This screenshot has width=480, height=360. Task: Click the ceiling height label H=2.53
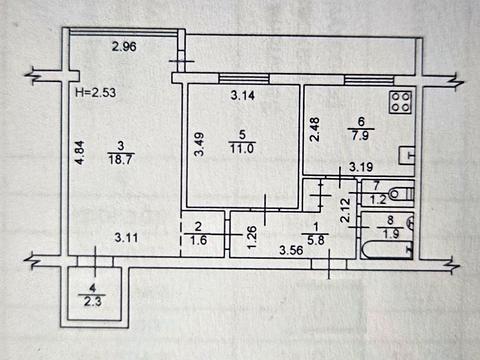(96, 92)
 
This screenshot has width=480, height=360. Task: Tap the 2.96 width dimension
(124, 46)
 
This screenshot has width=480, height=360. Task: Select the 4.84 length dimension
(79, 153)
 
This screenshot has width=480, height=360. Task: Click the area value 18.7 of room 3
(120, 159)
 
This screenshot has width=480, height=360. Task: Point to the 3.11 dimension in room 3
(126, 238)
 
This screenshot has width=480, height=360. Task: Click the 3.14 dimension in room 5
(243, 96)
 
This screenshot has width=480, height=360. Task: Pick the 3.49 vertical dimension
(199, 144)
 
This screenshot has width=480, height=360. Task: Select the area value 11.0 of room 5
(242, 148)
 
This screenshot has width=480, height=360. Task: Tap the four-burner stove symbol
(401, 102)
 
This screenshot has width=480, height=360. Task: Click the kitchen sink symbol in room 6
(407, 156)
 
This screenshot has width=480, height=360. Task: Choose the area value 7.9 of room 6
(360, 136)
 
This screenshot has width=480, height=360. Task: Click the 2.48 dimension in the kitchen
(315, 129)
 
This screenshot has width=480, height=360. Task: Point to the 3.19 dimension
(361, 167)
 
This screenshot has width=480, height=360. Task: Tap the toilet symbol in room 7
(402, 194)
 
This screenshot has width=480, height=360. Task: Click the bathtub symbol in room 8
(387, 250)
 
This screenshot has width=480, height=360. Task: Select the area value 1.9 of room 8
(391, 234)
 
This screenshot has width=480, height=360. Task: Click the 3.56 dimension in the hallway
(291, 250)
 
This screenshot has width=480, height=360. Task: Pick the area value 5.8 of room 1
(315, 240)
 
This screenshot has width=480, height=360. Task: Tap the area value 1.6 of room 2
(198, 240)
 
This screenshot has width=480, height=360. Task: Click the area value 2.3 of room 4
(93, 302)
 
